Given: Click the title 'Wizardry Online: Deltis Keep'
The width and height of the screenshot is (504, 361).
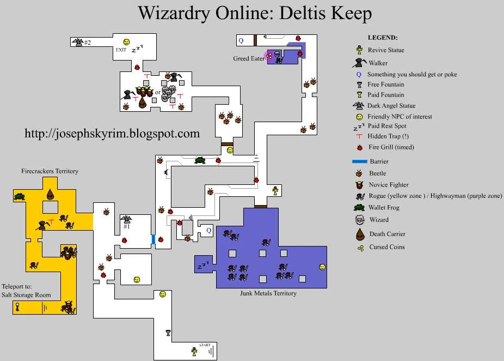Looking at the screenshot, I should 254,13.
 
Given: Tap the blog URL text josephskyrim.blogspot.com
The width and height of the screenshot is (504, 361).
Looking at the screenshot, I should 112,133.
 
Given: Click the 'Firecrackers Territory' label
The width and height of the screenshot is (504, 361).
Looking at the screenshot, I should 50,171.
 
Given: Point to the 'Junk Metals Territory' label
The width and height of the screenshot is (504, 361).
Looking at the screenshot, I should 268,293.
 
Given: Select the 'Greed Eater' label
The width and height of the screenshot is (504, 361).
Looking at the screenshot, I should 249,58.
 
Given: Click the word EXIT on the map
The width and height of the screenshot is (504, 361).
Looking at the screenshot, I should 121,50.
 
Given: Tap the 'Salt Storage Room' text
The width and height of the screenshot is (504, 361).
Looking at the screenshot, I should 26,295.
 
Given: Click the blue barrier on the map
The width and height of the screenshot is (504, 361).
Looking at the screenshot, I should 153,239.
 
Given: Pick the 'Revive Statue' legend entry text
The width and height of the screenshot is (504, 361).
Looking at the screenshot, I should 386,50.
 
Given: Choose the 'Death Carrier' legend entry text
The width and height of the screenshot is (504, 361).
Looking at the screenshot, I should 388,234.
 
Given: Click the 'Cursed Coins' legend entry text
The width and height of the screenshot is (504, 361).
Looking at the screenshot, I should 386,247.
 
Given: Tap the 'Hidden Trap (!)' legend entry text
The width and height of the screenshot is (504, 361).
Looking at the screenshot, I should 389,136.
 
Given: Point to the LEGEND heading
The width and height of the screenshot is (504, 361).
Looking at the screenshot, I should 383,38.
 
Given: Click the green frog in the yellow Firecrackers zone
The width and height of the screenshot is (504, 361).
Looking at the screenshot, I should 20,196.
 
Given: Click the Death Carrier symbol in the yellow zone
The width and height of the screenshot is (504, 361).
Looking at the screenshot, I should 50,194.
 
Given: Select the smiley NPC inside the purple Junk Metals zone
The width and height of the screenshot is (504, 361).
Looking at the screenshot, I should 322,267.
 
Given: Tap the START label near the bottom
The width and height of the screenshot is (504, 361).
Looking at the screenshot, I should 205,345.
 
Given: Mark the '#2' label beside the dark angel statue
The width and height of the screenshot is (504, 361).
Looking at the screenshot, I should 87,43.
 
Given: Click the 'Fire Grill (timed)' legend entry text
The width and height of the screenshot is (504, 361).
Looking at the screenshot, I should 391,147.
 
